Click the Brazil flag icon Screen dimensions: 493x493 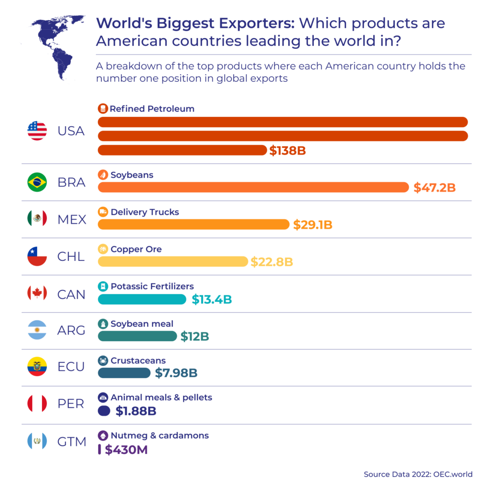pyautogui.click(x=37, y=182)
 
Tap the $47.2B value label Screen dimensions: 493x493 pyautogui.click(x=434, y=187)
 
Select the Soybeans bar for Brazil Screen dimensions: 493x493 pyautogui.click(x=253, y=187)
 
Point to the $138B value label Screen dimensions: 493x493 pyautogui.click(x=287, y=151)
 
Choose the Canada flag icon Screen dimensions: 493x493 pyautogui.click(x=37, y=293)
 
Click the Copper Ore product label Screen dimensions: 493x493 pyautogui.click(x=136, y=249)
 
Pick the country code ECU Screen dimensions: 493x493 pyautogui.click(x=71, y=367)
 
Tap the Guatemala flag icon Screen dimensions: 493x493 pyautogui.click(x=37, y=441)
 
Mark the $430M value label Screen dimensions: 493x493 pyautogui.click(x=126, y=450)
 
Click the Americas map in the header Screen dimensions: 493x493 pyautogui.click(x=53, y=46)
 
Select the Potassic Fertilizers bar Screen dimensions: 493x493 pyautogui.click(x=142, y=299)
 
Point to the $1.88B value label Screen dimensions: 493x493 pyautogui.click(x=136, y=411)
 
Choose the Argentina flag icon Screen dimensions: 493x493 pyautogui.click(x=37, y=330)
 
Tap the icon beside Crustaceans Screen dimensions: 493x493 pyautogui.click(x=103, y=361)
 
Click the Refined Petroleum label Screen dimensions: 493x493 pyautogui.click(x=152, y=109)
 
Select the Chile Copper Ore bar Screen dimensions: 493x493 pyautogui.click(x=172, y=261)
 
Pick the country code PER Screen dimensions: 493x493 pyautogui.click(x=71, y=403)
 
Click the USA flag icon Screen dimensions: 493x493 pyautogui.click(x=37, y=130)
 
